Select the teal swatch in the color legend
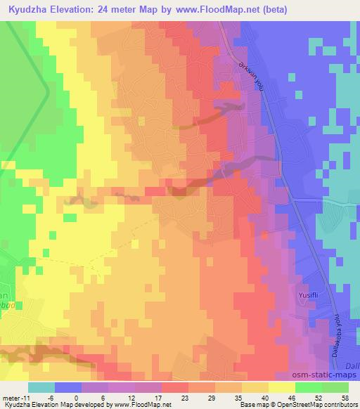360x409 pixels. pos(41,387)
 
